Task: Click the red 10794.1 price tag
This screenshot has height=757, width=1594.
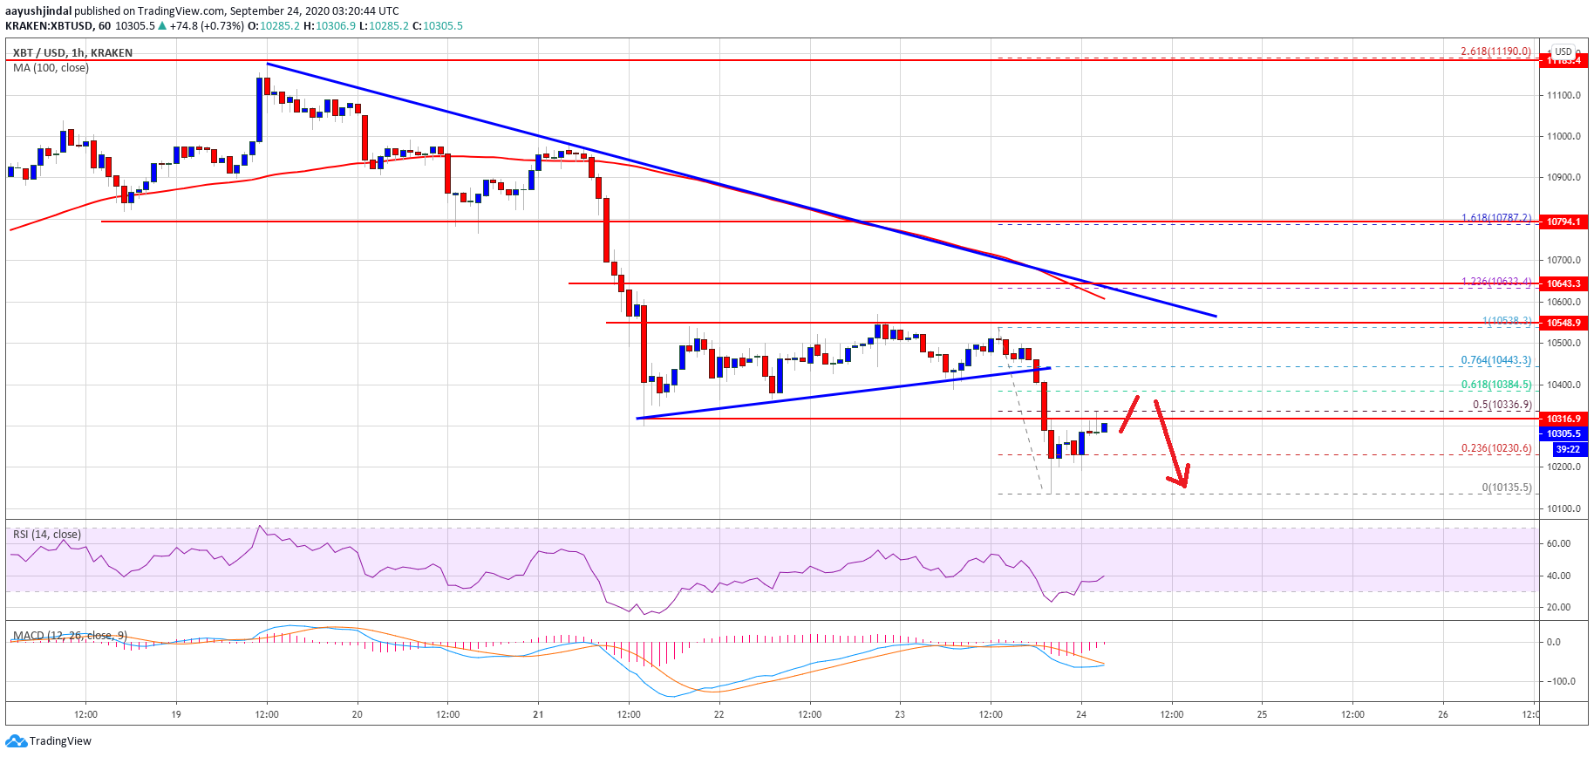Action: tap(1563, 222)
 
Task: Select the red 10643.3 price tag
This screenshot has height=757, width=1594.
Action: tap(1563, 283)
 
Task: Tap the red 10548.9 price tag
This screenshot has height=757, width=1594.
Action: tap(1563, 323)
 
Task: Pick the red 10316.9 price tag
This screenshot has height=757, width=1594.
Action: tap(1563, 419)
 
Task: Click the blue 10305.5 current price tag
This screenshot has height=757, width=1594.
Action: tap(1563, 433)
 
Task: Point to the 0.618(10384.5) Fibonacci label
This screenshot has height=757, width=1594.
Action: tap(1495, 385)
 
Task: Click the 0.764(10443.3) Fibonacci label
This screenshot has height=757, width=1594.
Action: tap(1495, 360)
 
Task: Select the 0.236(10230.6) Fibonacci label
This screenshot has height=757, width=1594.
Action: tap(1495, 448)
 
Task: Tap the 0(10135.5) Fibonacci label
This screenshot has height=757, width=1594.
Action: tap(1506, 488)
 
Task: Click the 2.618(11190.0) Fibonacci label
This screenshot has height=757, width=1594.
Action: tap(1495, 51)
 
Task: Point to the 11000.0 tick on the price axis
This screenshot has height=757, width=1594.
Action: tap(1563, 136)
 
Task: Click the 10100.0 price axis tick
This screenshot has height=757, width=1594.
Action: tap(1563, 508)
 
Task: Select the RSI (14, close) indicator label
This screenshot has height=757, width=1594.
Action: tap(47, 535)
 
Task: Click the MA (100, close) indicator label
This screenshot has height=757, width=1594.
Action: tap(51, 68)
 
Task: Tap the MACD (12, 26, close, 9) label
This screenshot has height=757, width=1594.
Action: tap(70, 635)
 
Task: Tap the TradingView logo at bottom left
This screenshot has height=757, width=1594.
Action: tap(49, 741)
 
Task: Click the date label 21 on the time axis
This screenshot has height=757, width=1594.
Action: tap(538, 714)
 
